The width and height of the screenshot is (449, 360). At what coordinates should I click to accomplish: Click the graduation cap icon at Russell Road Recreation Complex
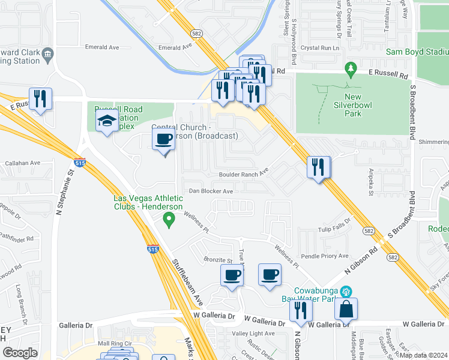tap(107, 121)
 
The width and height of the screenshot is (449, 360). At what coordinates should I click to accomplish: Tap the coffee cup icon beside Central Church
tap(164, 140)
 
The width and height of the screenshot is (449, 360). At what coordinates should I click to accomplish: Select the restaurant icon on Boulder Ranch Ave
tap(318, 166)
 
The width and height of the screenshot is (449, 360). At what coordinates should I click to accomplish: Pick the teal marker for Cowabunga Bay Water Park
tap(345, 292)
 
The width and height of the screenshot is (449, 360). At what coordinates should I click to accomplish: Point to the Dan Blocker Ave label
tap(211, 191)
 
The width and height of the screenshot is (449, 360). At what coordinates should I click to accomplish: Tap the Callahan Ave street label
tap(22, 163)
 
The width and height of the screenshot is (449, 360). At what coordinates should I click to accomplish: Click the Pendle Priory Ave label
tap(327, 256)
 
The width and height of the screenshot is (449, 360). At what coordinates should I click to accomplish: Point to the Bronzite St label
tap(217, 261)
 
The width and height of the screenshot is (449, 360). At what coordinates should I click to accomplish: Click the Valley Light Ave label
tap(253, 334)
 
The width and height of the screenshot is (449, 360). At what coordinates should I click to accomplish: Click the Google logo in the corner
tap(20, 353)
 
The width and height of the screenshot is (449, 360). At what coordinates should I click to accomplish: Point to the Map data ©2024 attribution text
tap(424, 355)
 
